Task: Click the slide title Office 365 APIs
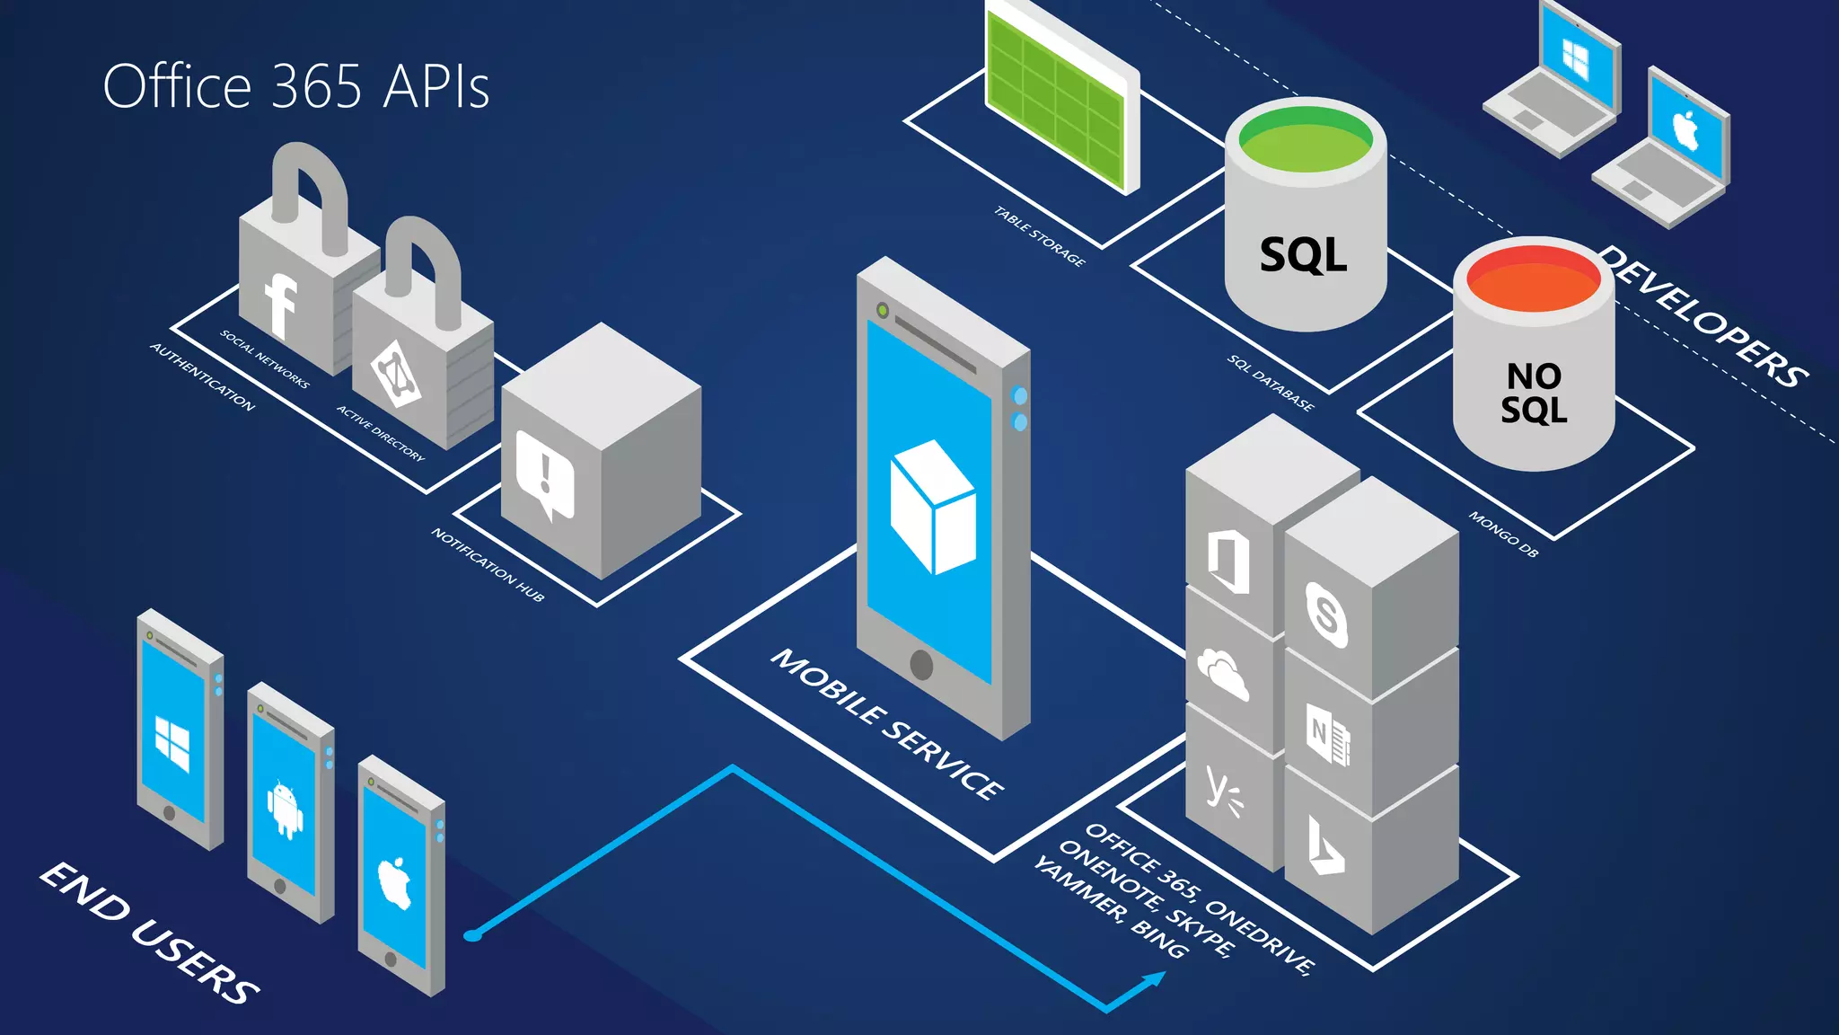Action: tap(296, 87)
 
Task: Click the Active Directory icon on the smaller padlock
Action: tap(396, 374)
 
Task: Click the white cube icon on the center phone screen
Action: tap(932, 508)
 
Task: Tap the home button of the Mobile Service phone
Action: tap(921, 665)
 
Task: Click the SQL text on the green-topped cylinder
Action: tap(1303, 255)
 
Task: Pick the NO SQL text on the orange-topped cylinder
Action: tap(1534, 393)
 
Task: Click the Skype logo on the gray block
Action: tap(1326, 615)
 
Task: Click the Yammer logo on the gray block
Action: tap(1223, 792)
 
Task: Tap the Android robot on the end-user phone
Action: tap(285, 809)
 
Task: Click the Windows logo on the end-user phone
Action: tap(172, 744)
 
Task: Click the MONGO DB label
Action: tap(1503, 535)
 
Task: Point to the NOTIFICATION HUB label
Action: tap(488, 564)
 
